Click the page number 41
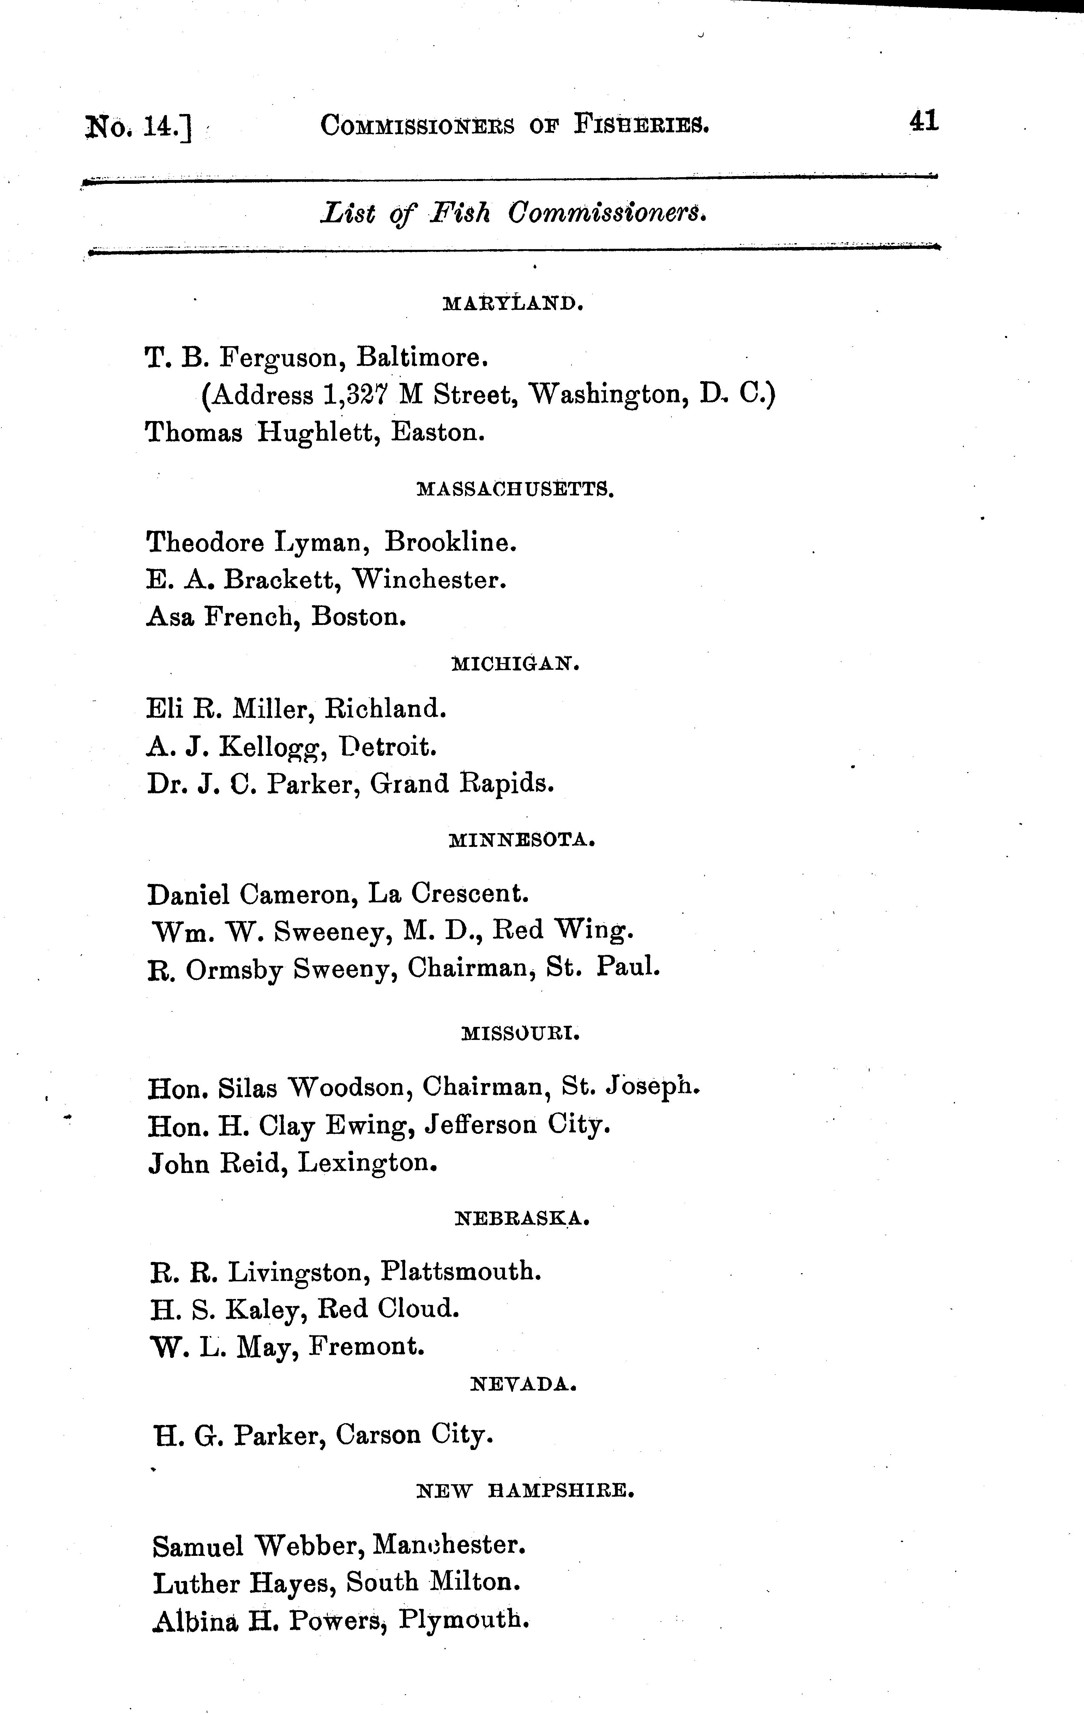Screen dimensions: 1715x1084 click(924, 122)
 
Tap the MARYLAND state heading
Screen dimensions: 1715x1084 click(513, 304)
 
